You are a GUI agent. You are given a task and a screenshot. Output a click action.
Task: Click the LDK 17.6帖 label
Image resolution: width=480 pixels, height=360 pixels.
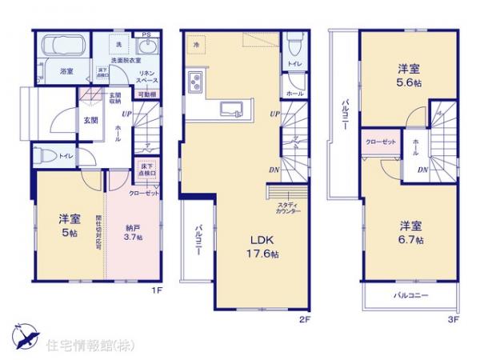(x=261, y=246)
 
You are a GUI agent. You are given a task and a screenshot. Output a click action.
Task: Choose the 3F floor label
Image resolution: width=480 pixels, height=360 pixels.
(x=454, y=318)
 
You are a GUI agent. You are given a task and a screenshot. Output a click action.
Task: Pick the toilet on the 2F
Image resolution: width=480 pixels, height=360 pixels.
(x=294, y=38)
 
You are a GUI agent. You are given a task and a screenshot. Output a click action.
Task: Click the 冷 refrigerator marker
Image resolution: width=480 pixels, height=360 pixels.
(x=196, y=46)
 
